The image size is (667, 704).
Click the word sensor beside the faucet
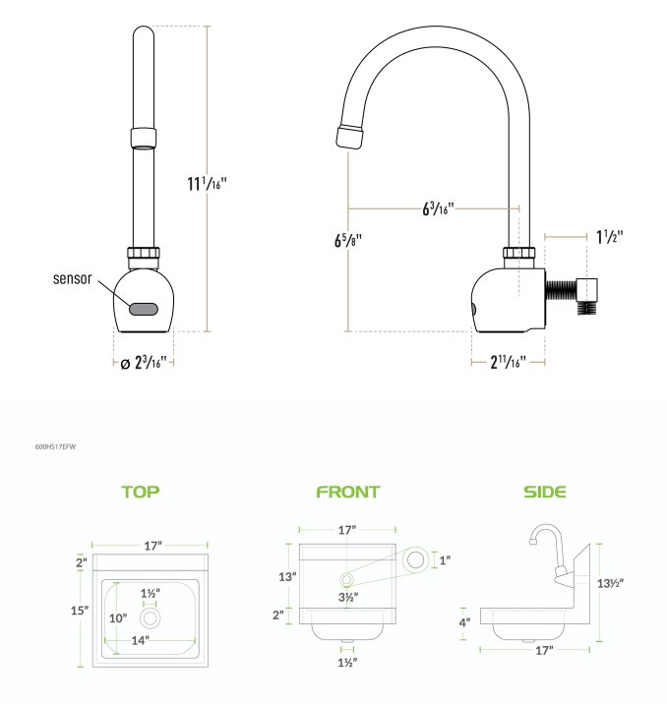tap(73, 279)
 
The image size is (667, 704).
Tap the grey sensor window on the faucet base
tap(144, 309)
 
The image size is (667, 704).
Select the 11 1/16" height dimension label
tap(207, 183)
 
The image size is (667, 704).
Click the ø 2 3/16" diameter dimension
tap(144, 363)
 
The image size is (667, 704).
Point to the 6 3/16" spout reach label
tap(438, 208)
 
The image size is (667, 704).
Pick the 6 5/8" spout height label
tap(347, 241)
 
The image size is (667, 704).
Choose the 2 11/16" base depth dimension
tap(508, 362)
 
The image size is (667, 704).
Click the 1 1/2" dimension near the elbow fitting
tap(610, 237)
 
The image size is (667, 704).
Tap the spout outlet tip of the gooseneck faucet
tap(349, 137)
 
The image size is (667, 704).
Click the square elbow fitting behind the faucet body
tap(587, 290)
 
